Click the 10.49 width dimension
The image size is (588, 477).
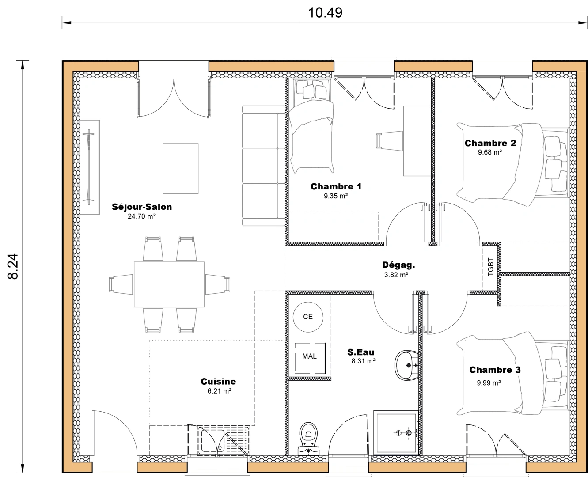[x=325, y=12]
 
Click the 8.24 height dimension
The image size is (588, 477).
[x=13, y=266]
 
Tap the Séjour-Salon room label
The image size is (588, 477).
[x=142, y=207]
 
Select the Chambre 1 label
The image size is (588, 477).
[x=336, y=186]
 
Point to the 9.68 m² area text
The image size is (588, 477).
[x=490, y=152]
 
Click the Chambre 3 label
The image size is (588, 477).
[x=495, y=370]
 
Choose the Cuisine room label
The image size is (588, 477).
[x=218, y=381]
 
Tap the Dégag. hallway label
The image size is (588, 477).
[x=398, y=265]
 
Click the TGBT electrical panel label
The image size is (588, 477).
[x=491, y=267]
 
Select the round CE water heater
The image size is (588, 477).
[x=308, y=317]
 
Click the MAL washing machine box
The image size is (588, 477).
[x=310, y=356]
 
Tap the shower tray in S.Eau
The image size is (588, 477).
[x=396, y=433]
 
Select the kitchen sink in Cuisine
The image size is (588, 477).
[x=219, y=440]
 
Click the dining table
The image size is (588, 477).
[x=169, y=284]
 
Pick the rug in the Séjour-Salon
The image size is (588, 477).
[x=180, y=168]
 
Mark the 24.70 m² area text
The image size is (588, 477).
[x=141, y=216]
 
